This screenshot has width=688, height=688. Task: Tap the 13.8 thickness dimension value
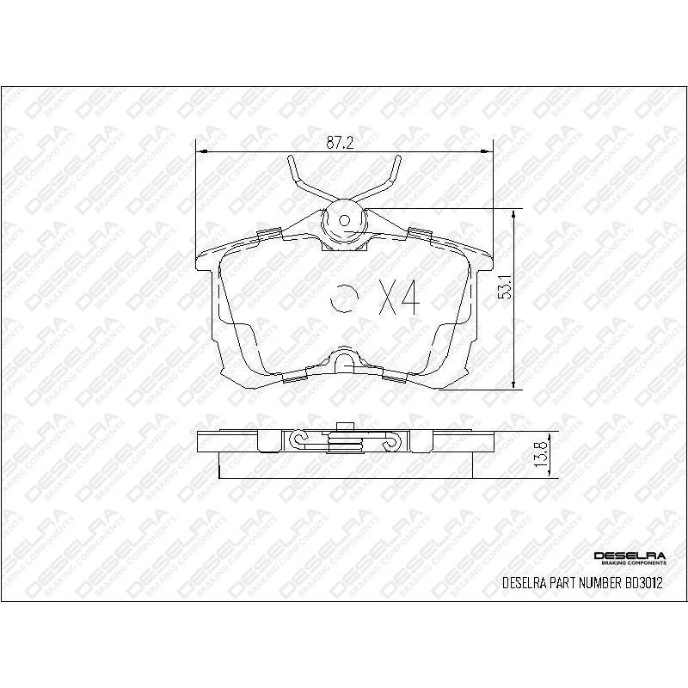[539, 453]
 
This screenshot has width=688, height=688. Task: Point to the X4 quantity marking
[398, 298]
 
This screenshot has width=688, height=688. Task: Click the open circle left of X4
[343, 298]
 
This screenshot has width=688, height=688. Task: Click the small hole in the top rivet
[345, 218]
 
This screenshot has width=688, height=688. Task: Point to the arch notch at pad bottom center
[344, 360]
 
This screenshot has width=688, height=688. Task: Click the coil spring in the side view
[344, 442]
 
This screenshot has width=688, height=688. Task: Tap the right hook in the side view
[389, 440]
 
